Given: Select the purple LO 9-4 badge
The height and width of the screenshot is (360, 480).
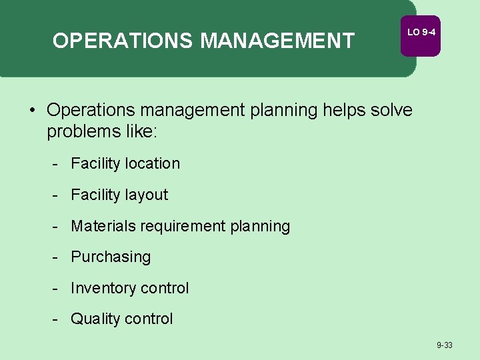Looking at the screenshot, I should [x=421, y=33].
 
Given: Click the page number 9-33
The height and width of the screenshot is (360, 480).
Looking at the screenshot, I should [x=444, y=345].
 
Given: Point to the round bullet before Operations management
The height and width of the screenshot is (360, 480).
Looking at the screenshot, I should [x=32, y=109].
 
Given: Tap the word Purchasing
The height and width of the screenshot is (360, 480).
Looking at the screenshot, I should [x=111, y=257].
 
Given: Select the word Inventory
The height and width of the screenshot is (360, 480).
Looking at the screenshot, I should [x=101, y=288].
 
